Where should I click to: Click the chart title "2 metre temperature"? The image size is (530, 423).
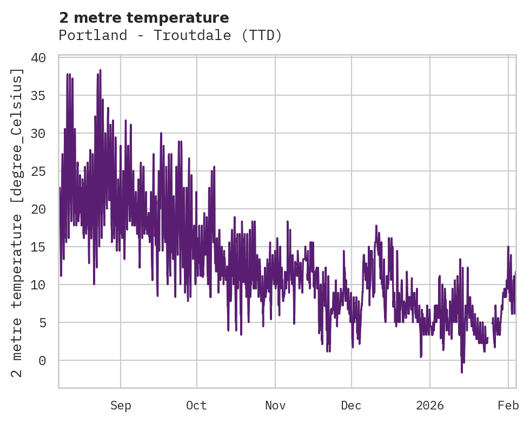[144, 18]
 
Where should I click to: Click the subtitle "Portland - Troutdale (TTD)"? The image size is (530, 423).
[170, 36]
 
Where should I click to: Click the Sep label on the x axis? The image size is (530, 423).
[121, 406]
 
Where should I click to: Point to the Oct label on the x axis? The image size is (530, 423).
[196, 406]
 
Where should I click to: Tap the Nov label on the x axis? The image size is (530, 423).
[275, 406]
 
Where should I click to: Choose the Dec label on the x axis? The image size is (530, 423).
[351, 406]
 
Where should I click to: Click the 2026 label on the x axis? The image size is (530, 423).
[430, 406]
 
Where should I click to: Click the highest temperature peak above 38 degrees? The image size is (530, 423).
[100, 70]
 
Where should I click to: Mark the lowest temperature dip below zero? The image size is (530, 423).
[462, 372]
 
